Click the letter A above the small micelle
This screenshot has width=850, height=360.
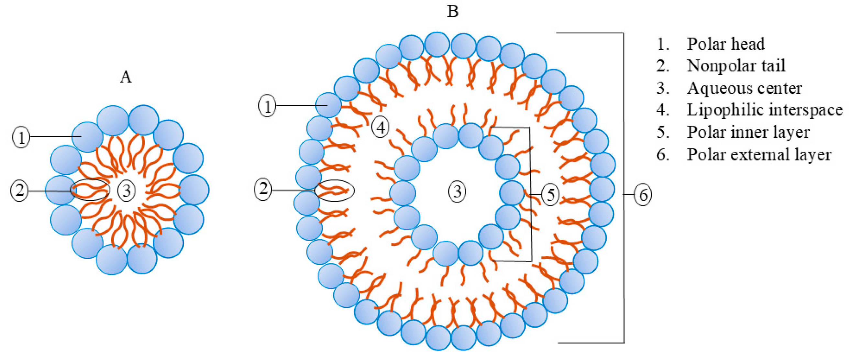(x=126, y=77)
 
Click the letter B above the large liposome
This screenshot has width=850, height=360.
(x=452, y=12)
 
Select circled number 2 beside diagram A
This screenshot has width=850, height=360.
(x=19, y=191)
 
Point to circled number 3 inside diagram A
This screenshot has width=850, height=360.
(x=127, y=191)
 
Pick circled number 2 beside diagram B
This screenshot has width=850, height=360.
(x=263, y=189)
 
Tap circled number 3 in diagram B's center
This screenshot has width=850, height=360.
(x=457, y=191)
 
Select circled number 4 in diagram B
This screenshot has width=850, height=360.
(x=381, y=127)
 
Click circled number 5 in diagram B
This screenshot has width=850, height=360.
(x=550, y=195)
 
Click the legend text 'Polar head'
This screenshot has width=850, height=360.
(x=726, y=44)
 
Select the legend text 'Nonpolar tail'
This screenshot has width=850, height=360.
(x=736, y=66)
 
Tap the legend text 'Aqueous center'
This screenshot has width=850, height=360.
(x=745, y=88)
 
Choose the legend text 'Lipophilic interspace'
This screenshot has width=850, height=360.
(x=765, y=110)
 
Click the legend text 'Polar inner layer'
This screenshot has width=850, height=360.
(x=748, y=132)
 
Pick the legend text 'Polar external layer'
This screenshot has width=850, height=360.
(x=759, y=154)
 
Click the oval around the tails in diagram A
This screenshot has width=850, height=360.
(x=90, y=190)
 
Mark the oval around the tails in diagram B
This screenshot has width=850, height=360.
(x=334, y=191)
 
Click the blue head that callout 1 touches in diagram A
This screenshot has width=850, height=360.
(x=87, y=136)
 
